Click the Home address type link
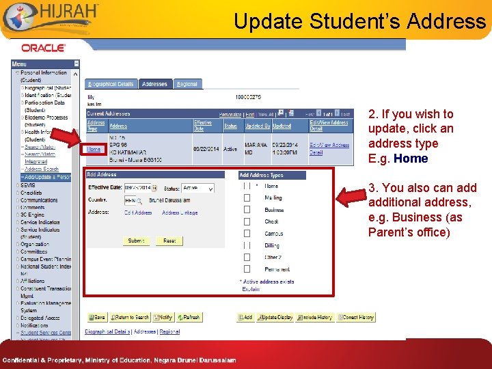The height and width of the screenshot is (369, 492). [x=94, y=149]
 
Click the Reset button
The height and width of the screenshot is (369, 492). [x=169, y=241]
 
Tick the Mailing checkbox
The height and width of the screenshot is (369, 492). [x=247, y=198]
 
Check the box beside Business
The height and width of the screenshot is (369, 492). [x=247, y=210]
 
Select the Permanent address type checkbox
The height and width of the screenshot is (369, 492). [x=247, y=269]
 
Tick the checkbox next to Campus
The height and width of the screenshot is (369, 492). [x=247, y=234]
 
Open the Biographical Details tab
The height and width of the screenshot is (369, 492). [x=111, y=84]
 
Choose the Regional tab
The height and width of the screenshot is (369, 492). [x=187, y=84]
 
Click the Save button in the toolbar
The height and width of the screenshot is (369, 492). [x=96, y=318]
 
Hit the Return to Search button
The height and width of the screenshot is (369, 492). [x=130, y=318]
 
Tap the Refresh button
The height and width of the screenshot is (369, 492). [x=188, y=318]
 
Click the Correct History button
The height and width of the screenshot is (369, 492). [x=356, y=318]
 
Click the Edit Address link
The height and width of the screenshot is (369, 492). [x=138, y=213]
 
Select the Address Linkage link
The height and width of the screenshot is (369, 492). [x=180, y=213]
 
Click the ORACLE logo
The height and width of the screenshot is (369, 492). [x=43, y=48]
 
